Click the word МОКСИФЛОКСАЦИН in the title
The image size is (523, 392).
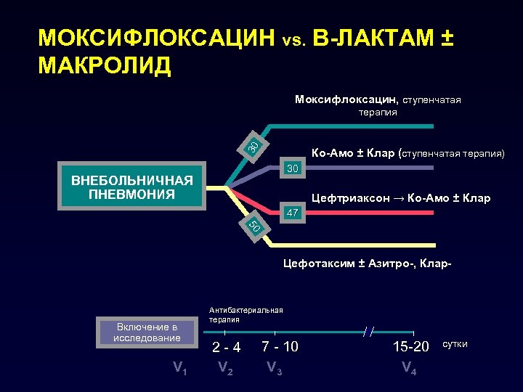[x=157, y=38]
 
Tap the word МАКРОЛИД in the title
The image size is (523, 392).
[x=105, y=65]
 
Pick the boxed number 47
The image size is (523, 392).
[x=293, y=213]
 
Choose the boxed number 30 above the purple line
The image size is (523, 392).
[x=293, y=168]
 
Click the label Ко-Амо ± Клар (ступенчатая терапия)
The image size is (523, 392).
[x=408, y=153]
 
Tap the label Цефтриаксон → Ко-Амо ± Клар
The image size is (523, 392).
[x=400, y=198]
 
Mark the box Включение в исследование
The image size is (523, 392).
[x=146, y=332]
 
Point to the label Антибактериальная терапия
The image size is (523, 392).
[x=246, y=314]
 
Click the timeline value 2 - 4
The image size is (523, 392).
[x=226, y=347]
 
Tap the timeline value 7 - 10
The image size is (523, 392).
[x=280, y=346]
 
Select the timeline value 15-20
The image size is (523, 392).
[x=411, y=347]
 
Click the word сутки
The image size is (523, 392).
[x=455, y=343]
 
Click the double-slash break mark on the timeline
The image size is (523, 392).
[x=369, y=332]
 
